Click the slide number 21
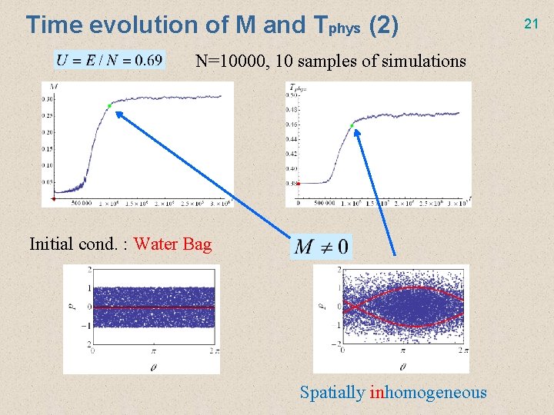pyautogui.click(x=531, y=25)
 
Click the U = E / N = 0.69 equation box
pyautogui.click(x=109, y=60)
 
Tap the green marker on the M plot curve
pyautogui.click(x=109, y=105)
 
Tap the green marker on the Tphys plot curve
pyautogui.click(x=352, y=125)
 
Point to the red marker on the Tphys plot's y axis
pyautogui.click(x=298, y=183)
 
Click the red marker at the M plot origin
pyautogui.click(x=54, y=199)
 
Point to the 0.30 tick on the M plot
pyautogui.click(x=48, y=99)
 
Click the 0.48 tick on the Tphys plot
pyautogui.click(x=292, y=110)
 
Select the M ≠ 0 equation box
pyautogui.click(x=322, y=246)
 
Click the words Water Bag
pyautogui.click(x=172, y=244)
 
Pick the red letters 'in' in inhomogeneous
pyautogui.click(x=376, y=393)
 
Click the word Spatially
pyautogui.click(x=332, y=393)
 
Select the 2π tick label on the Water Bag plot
pyautogui.click(x=212, y=350)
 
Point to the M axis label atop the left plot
pyautogui.click(x=51, y=86)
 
